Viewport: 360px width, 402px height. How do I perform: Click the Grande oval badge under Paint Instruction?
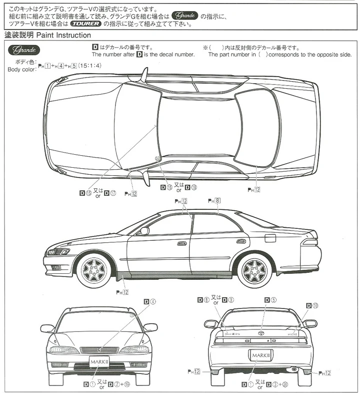[23, 51]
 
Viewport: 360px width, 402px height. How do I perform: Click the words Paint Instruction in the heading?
[64, 36]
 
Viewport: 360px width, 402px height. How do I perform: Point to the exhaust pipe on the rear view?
[295, 369]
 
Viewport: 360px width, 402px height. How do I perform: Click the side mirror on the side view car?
[144, 231]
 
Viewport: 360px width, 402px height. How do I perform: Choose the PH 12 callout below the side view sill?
[122, 292]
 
